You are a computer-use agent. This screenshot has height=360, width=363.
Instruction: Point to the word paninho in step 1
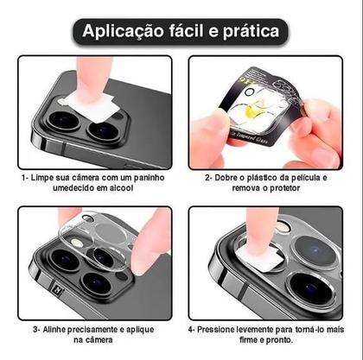click(x=149, y=177)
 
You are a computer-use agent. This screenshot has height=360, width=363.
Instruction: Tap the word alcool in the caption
click(x=125, y=188)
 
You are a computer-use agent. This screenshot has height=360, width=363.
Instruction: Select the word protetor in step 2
click(x=289, y=188)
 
